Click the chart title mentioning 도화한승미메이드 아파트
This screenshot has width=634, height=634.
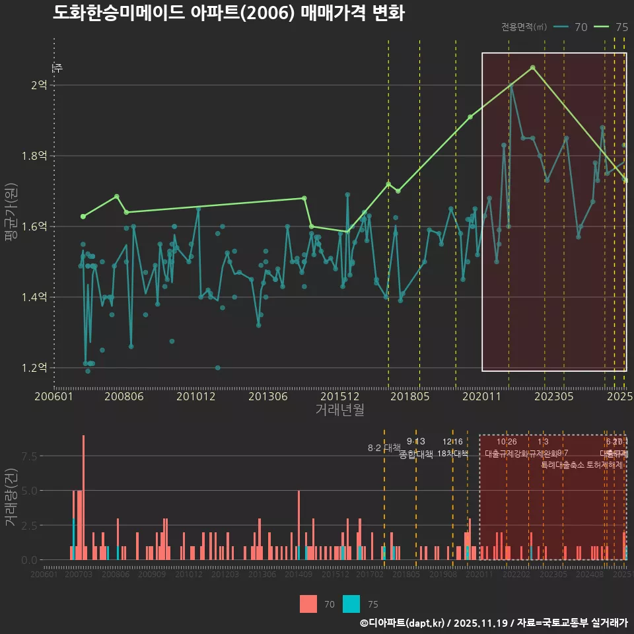229,13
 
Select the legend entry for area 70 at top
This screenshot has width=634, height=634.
571,27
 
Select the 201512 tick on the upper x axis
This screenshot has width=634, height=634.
339,397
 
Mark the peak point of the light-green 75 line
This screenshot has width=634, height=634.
533,67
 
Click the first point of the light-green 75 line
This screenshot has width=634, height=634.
83,217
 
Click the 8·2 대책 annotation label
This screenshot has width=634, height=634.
384,448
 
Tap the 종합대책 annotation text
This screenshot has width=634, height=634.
416,454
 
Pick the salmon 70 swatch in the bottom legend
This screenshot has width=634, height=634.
308,604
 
